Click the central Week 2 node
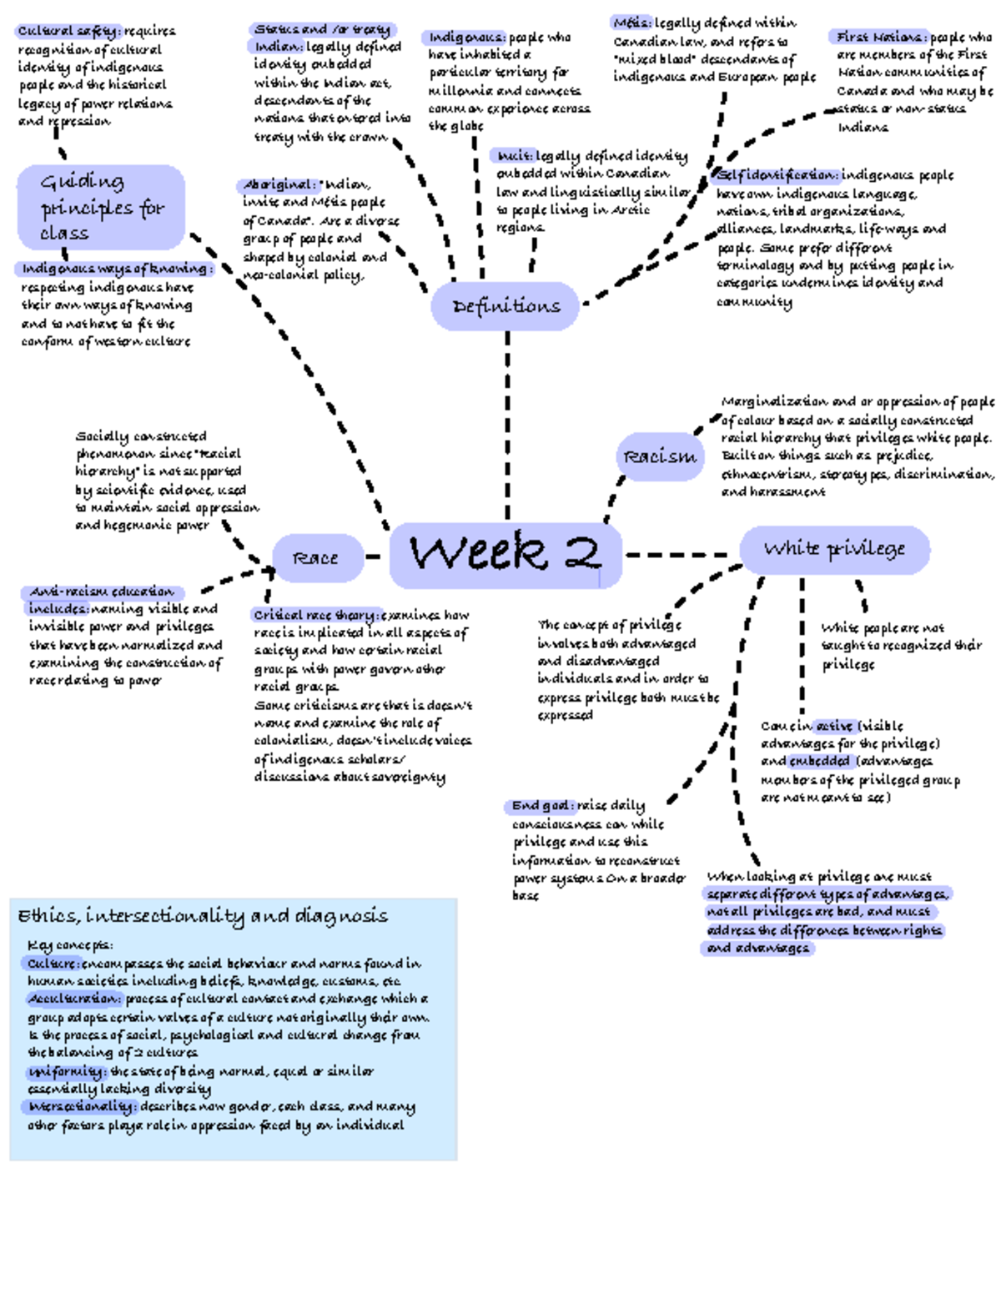[506, 553]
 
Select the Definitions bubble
[506, 306]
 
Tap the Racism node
[660, 456]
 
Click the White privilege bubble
[834, 549]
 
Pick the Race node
[317, 558]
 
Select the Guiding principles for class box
[101, 207]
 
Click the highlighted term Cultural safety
[68, 31]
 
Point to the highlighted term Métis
[631, 23]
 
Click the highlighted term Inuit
[513, 156]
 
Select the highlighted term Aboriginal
[278, 185]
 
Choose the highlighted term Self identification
[776, 175]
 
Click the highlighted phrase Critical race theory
[315, 615]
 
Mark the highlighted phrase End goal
[540, 806]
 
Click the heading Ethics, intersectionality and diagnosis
[203, 916]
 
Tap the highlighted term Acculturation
[74, 999]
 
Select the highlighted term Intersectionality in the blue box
[80, 1107]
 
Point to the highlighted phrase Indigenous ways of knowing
[114, 269]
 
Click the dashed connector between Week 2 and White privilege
[677, 554]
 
